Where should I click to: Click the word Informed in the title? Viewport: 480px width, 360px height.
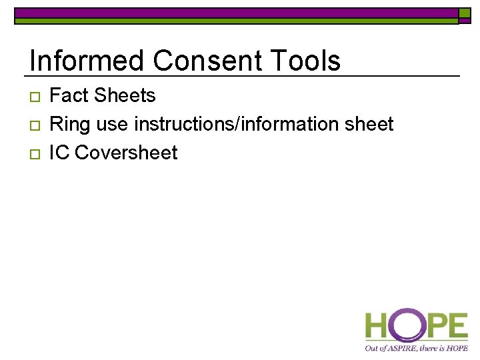pyautogui.click(x=87, y=61)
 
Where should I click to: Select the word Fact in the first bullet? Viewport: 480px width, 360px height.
pyautogui.click(x=69, y=96)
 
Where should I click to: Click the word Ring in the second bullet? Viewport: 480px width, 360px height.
pyautogui.click(x=69, y=125)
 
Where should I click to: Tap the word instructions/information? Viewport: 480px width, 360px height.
pyautogui.click(x=245, y=125)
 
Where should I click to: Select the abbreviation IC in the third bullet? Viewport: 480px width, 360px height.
pyautogui.click(x=59, y=153)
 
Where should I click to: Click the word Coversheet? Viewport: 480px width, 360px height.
pyautogui.click(x=126, y=153)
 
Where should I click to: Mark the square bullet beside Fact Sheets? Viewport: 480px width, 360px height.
pyautogui.click(x=33, y=97)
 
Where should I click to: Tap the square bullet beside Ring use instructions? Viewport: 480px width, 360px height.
pyautogui.click(x=33, y=126)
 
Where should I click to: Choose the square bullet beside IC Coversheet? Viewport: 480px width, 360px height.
pyautogui.click(x=33, y=154)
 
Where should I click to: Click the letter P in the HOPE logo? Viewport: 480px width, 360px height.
pyautogui.click(x=434, y=327)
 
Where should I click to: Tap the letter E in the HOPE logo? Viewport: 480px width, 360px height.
pyautogui.click(x=457, y=327)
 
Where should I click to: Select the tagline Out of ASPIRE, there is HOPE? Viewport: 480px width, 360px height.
pyautogui.click(x=416, y=347)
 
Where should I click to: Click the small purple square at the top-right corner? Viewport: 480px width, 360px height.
pyautogui.click(x=465, y=13)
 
